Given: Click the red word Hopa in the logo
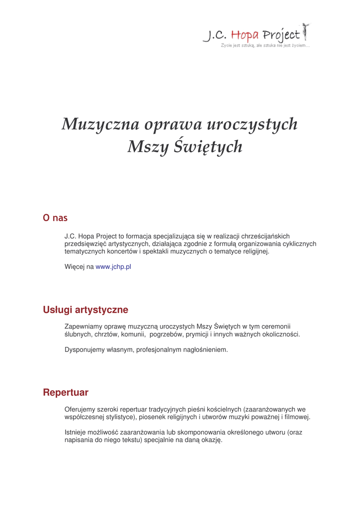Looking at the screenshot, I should point(245,35).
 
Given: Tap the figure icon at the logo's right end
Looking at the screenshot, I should point(305,32).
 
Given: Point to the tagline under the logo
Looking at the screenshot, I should point(266,46).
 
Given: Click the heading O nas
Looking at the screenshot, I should point(55,218).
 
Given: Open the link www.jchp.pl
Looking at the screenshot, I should point(113,267).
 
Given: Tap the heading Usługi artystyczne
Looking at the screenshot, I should point(86,310).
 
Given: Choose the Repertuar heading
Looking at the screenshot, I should point(66,393).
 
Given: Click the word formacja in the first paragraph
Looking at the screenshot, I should point(142,236).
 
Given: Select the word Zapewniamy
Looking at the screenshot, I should point(83,327).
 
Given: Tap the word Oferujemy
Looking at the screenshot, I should point(81,409).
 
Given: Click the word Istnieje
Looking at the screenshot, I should point(76,432).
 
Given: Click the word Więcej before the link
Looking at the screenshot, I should point(75,267).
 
